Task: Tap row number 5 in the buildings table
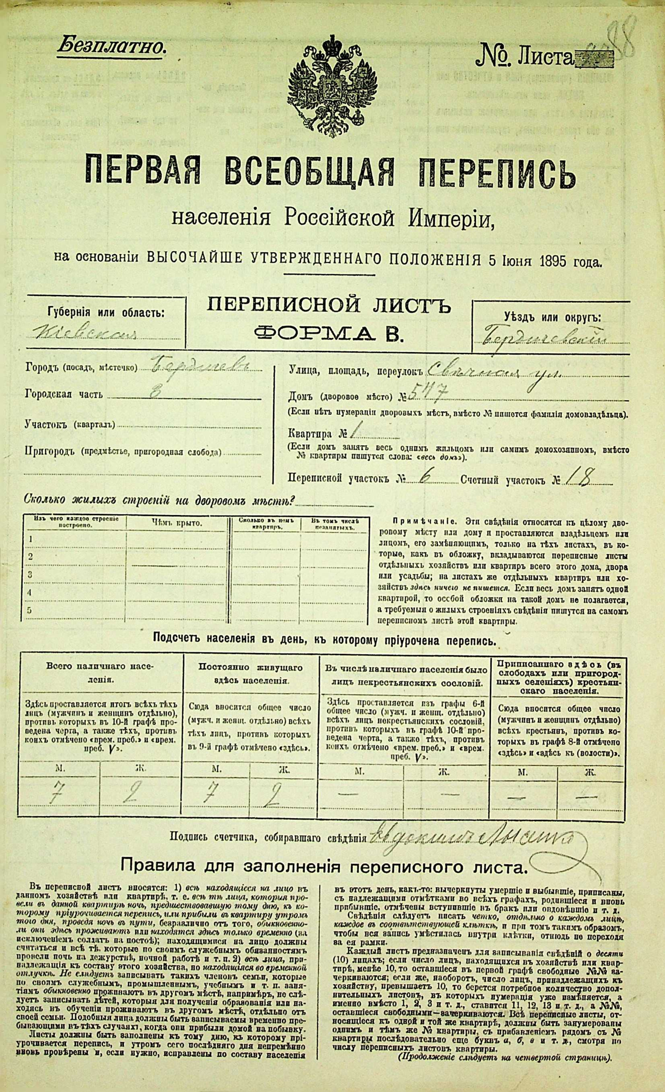click(30, 610)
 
